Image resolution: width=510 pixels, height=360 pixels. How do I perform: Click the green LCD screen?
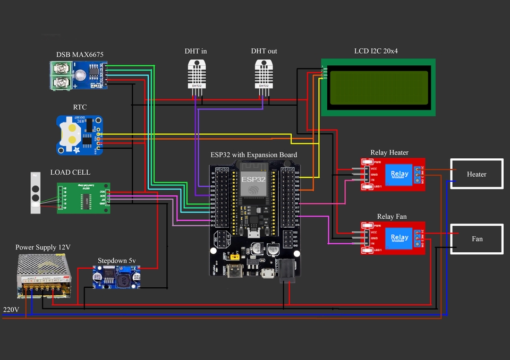tap(379, 87)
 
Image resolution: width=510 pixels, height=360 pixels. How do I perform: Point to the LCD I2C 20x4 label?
tap(379, 51)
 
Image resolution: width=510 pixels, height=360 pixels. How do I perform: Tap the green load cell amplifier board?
tap(83, 198)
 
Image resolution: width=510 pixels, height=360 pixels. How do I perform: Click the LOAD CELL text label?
tap(70, 173)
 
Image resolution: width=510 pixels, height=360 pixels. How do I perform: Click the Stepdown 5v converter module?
tap(116, 277)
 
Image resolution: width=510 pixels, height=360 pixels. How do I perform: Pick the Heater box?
tap(477, 174)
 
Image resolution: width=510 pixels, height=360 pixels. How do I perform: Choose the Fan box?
tap(477, 238)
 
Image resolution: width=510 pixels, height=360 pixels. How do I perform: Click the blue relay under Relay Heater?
tap(399, 174)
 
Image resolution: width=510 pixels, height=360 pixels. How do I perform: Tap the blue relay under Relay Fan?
tap(399, 238)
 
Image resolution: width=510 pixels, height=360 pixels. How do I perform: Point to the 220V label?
tap(11, 310)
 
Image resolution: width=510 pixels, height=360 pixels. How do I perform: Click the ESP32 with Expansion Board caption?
tap(253, 155)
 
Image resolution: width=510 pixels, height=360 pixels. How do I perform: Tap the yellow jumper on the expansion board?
tap(233, 256)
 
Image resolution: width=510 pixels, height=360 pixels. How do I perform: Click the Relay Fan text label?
tap(393, 217)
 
